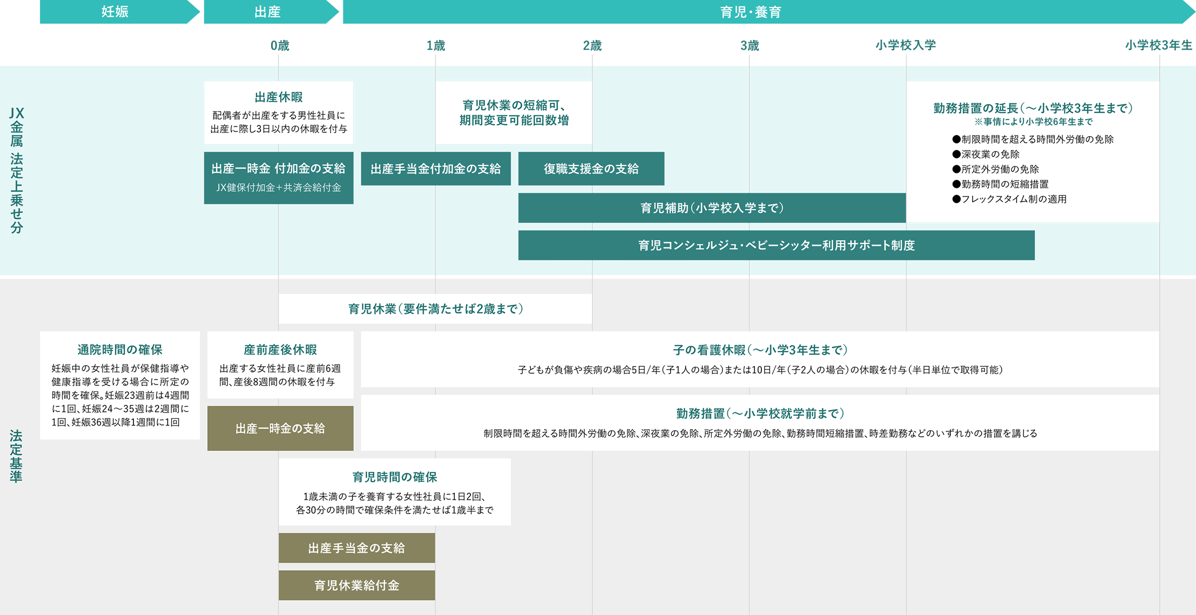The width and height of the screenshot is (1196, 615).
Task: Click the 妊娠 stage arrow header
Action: (115, 12)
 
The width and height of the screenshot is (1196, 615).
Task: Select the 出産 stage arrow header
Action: (267, 12)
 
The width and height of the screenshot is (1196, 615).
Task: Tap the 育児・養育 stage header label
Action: (750, 12)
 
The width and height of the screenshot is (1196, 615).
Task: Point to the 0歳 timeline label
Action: (279, 46)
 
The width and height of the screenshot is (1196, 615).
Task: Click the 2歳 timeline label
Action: (592, 46)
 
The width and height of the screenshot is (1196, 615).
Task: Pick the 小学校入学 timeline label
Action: (906, 45)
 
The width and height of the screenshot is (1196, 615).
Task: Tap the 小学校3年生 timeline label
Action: (1159, 45)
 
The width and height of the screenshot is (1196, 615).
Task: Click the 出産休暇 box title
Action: (279, 97)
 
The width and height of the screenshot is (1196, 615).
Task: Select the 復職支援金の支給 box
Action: (591, 169)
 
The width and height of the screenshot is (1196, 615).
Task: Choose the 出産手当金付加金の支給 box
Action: (436, 169)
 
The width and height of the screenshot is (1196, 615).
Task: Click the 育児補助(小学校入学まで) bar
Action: (712, 208)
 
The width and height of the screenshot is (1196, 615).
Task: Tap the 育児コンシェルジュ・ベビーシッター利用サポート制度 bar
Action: (776, 246)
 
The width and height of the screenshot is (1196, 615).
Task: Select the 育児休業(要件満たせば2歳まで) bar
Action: (435, 309)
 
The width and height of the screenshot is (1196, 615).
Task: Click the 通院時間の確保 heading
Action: (120, 350)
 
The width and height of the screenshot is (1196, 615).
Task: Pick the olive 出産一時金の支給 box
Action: (280, 428)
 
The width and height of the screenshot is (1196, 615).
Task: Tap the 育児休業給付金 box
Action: (357, 585)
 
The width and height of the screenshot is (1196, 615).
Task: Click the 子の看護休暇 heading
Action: (760, 350)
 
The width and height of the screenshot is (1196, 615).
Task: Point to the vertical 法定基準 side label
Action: (16, 456)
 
